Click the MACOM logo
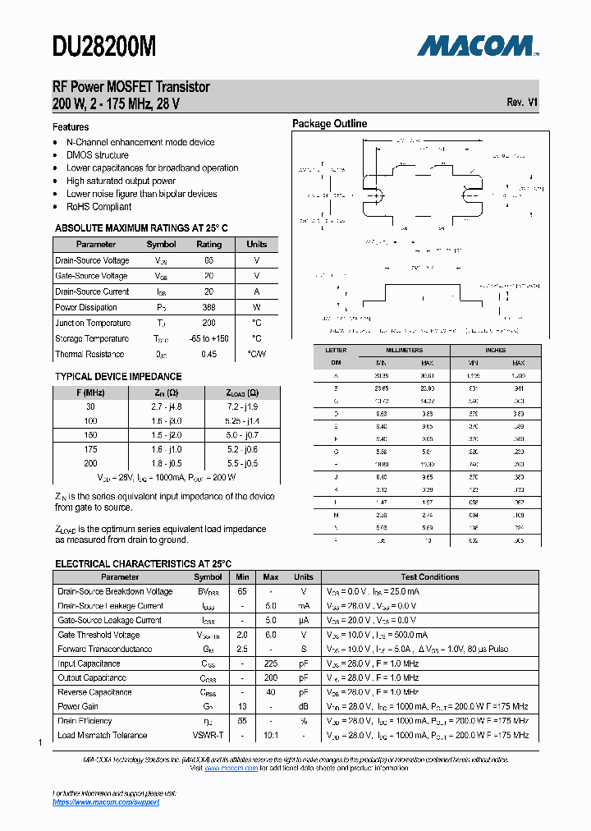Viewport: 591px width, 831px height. click(477, 46)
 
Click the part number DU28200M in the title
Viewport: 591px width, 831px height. click(104, 48)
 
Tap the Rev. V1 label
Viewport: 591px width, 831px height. click(522, 103)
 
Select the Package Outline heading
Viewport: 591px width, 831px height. click(330, 124)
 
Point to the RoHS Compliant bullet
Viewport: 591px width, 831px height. click(98, 207)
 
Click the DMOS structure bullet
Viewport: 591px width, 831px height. click(97, 155)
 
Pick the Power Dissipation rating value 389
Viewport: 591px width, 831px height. click(208, 307)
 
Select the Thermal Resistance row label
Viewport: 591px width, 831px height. click(89, 354)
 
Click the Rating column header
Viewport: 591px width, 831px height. click(208, 244)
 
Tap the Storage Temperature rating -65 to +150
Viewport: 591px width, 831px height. click(208, 338)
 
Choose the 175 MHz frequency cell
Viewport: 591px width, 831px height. click(90, 449)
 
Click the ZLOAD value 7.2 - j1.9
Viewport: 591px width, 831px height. click(242, 406)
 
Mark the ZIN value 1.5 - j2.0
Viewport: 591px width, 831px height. click(167, 434)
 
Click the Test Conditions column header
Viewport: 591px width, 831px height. click(429, 577)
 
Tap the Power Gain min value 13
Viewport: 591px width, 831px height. click(242, 706)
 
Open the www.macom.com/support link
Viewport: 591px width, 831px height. click(106, 802)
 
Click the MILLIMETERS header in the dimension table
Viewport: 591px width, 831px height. click(404, 351)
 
